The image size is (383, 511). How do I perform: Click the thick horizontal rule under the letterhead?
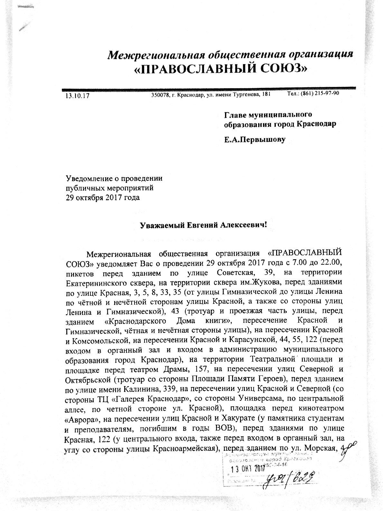[208, 88]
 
